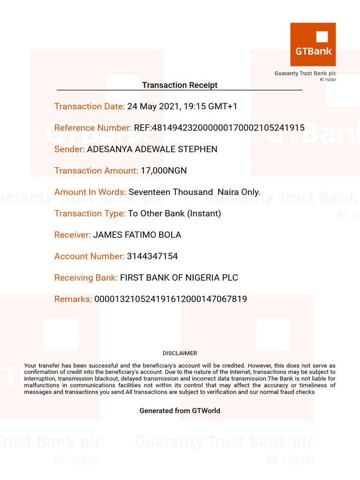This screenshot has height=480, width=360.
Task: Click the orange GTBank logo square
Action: point(313,45)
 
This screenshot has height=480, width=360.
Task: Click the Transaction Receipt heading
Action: point(180,85)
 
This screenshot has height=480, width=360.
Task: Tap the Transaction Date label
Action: point(90,106)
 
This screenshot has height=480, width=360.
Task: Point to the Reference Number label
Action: point(93,128)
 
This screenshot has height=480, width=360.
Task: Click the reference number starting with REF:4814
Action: point(219,128)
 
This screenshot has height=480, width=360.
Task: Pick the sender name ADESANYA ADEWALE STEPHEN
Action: point(152,149)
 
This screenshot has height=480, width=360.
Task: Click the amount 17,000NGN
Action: point(164,171)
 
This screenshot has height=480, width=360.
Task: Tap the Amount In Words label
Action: point(90,192)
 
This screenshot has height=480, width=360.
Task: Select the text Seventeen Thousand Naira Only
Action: point(195,192)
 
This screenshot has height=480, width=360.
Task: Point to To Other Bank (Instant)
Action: point(174,213)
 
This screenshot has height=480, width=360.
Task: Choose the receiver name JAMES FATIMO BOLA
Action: point(137,235)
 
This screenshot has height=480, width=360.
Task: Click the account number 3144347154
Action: point(152,256)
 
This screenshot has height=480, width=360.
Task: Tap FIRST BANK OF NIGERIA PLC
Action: point(179,277)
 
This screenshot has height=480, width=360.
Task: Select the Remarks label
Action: point(73,299)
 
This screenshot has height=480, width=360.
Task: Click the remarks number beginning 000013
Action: point(171,299)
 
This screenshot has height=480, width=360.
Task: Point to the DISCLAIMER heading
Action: point(180,353)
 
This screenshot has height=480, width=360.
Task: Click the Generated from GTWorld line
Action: point(180,411)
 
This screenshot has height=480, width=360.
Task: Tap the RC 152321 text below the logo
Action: point(328,80)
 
